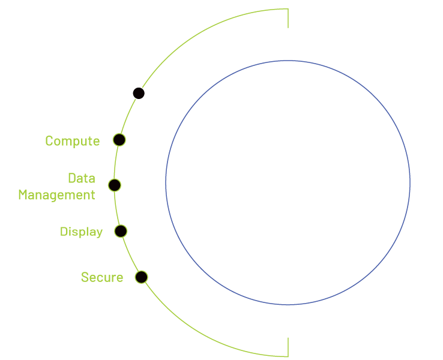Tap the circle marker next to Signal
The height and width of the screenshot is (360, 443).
[x=139, y=93]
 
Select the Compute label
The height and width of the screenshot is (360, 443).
[x=72, y=141]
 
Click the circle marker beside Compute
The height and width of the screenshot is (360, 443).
[x=119, y=140]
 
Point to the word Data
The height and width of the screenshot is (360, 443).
[x=81, y=178]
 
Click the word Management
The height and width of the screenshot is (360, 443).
[x=56, y=195]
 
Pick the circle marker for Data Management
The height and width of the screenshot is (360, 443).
[x=114, y=185]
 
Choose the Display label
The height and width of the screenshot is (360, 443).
[x=81, y=232]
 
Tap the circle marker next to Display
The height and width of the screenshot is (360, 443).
[x=121, y=231]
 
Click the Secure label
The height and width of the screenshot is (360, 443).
[x=102, y=277]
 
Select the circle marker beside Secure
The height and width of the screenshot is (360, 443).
[x=141, y=277]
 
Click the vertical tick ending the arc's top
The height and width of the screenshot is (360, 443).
[x=288, y=18]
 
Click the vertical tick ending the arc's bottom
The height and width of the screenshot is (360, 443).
[x=288, y=347]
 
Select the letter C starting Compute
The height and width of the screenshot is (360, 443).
[x=49, y=141]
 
